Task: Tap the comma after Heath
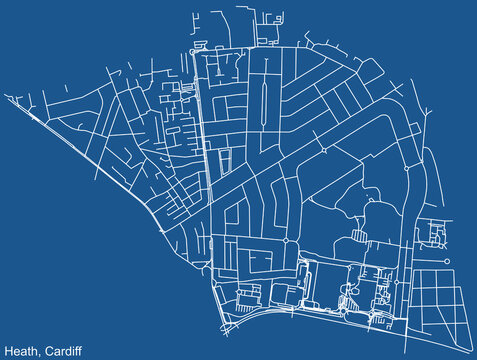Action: coord(41,353)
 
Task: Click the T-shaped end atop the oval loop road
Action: coord(262,79)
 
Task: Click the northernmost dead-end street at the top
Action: coord(240,12)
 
